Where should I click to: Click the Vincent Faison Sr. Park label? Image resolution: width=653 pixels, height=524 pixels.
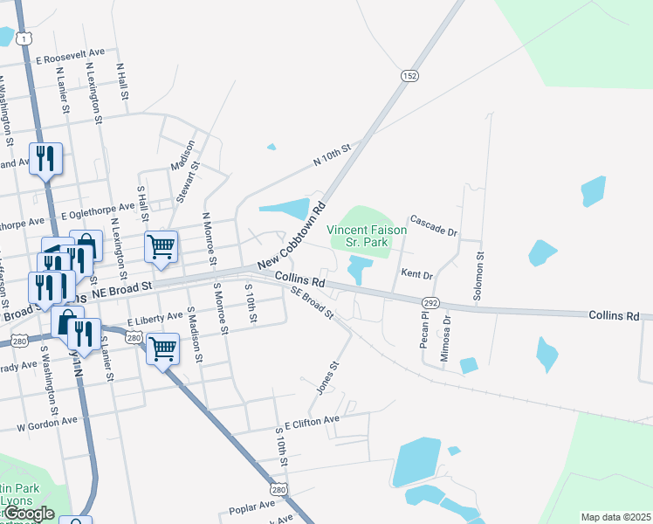(x=367, y=236)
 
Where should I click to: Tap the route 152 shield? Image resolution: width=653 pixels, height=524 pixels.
(x=409, y=77)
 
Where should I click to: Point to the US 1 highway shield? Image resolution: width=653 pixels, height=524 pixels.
(x=29, y=38)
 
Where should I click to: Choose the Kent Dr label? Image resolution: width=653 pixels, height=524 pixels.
(x=417, y=274)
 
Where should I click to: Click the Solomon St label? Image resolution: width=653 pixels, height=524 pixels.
(x=478, y=277)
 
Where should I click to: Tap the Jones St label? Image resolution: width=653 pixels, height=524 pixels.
(x=326, y=377)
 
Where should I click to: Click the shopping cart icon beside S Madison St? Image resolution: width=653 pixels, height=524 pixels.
(x=163, y=348)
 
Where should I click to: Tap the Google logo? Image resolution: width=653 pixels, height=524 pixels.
(x=30, y=514)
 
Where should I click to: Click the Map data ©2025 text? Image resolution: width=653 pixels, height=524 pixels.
(x=615, y=517)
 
